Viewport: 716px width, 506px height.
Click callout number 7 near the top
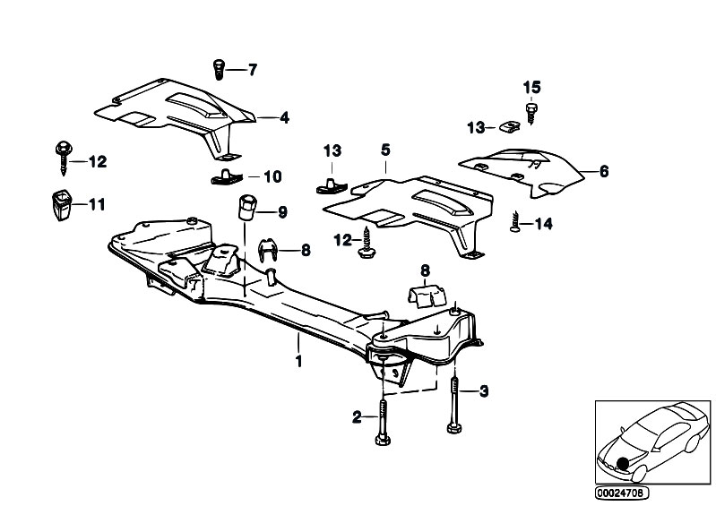click(x=252, y=69)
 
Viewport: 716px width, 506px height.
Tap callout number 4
click(x=284, y=116)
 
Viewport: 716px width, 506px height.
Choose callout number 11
click(x=96, y=205)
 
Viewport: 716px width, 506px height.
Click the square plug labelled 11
click(x=60, y=205)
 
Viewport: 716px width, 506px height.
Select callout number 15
click(x=532, y=87)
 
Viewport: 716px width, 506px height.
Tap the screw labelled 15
click(x=531, y=110)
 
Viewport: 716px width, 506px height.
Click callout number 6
click(x=603, y=170)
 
